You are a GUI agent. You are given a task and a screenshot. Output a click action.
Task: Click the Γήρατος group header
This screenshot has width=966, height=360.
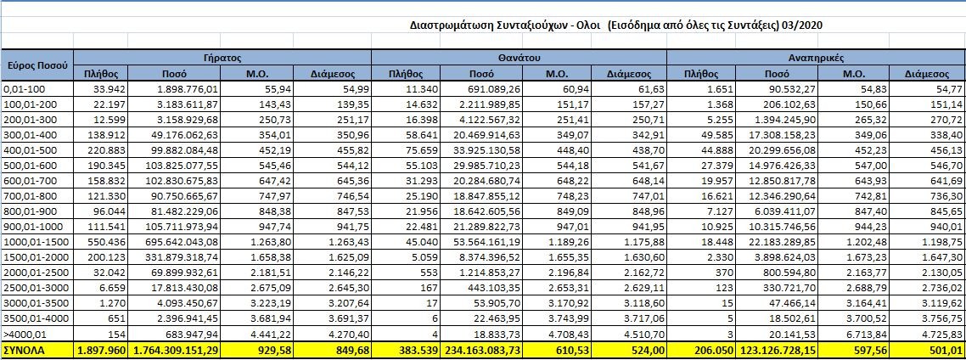pos(223,58)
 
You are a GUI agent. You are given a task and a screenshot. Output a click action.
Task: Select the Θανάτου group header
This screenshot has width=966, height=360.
pos(520,58)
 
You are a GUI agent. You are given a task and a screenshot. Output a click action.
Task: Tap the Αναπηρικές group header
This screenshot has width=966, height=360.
pos(816,58)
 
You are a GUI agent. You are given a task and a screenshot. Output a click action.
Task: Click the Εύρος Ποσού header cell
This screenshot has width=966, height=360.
pos(37,65)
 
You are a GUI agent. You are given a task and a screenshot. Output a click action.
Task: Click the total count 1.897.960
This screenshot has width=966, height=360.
pos(101,350)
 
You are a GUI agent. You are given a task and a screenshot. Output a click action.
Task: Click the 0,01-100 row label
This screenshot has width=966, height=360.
pos(25,88)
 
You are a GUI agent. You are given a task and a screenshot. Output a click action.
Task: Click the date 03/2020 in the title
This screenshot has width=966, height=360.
pos(808,27)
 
